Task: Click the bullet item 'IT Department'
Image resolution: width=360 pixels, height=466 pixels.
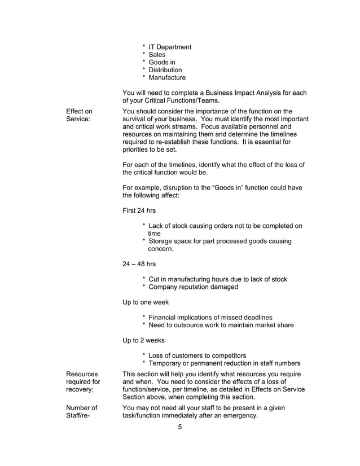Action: point(169,47)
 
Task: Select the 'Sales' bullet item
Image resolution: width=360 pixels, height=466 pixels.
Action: point(157,55)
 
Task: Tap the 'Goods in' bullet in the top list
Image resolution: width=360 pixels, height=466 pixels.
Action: point(161,63)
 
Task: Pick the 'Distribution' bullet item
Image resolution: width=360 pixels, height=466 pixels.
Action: point(165,70)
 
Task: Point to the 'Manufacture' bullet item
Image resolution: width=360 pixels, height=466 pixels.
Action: point(166,78)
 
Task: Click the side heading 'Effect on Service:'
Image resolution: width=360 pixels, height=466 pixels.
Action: point(79,115)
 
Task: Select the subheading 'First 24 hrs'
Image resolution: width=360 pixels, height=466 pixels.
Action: point(139,211)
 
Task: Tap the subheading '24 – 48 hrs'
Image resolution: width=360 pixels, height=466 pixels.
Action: point(139,263)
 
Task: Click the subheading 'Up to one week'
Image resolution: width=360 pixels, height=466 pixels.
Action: point(146,302)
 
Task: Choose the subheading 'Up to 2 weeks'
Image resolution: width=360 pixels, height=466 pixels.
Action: point(144,340)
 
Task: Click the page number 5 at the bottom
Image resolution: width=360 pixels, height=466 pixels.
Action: point(180,427)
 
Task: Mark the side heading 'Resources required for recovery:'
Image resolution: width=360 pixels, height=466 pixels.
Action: point(83,382)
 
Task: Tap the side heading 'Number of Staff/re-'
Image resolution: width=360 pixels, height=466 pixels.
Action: point(82,412)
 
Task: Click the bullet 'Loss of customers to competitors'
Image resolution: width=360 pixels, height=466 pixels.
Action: point(197,355)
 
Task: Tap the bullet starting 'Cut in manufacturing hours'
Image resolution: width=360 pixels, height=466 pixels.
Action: point(217,279)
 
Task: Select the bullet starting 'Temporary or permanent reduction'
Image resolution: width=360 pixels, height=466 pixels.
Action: point(224,363)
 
